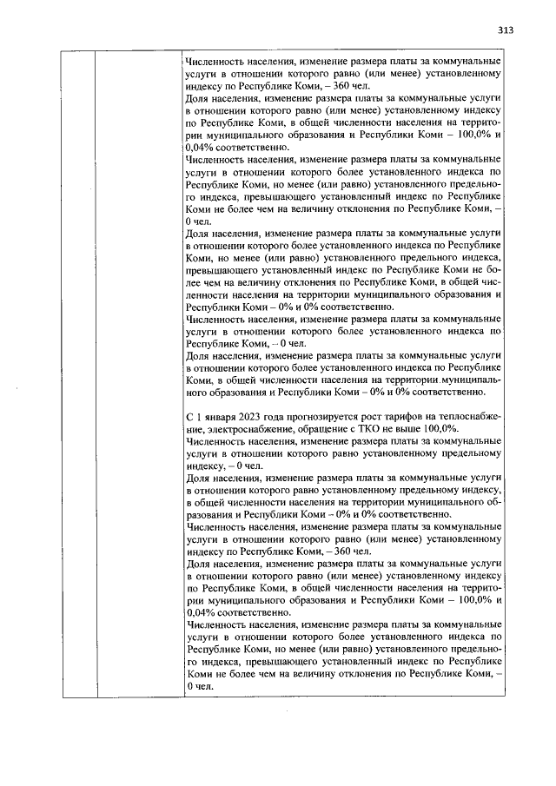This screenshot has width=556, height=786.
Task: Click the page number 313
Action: (506, 30)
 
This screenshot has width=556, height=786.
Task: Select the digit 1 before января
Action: (199, 417)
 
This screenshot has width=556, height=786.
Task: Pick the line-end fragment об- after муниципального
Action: (495, 501)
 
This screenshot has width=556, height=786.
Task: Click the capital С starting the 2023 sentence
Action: (189, 417)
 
